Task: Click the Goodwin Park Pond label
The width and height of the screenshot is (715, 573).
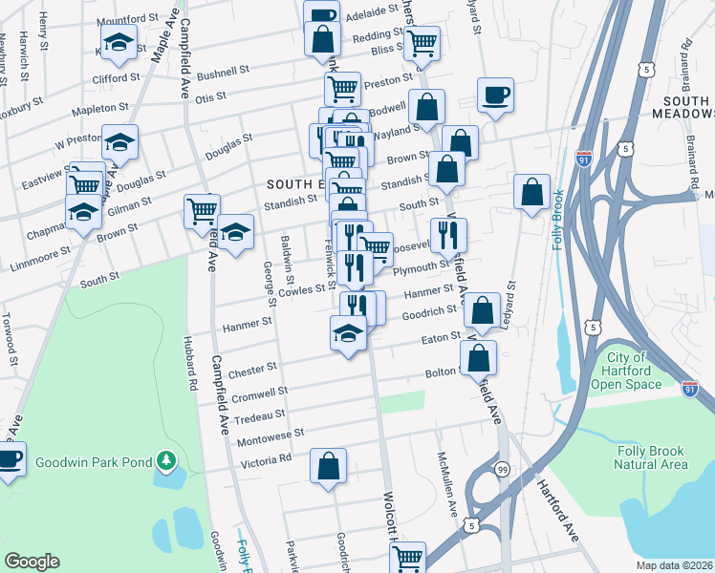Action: [94, 462]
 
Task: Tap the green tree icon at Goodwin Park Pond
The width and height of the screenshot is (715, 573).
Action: [167, 462]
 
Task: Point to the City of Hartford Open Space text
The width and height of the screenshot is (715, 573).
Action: [626, 371]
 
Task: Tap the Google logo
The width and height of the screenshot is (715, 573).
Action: [32, 562]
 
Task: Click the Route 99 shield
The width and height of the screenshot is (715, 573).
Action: [501, 469]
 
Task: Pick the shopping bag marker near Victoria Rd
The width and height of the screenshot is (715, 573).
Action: [328, 467]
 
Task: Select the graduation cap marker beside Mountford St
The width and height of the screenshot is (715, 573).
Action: [119, 43]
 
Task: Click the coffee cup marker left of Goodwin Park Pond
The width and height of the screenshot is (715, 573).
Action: [8, 458]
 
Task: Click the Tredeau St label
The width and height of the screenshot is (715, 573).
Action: [260, 415]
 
